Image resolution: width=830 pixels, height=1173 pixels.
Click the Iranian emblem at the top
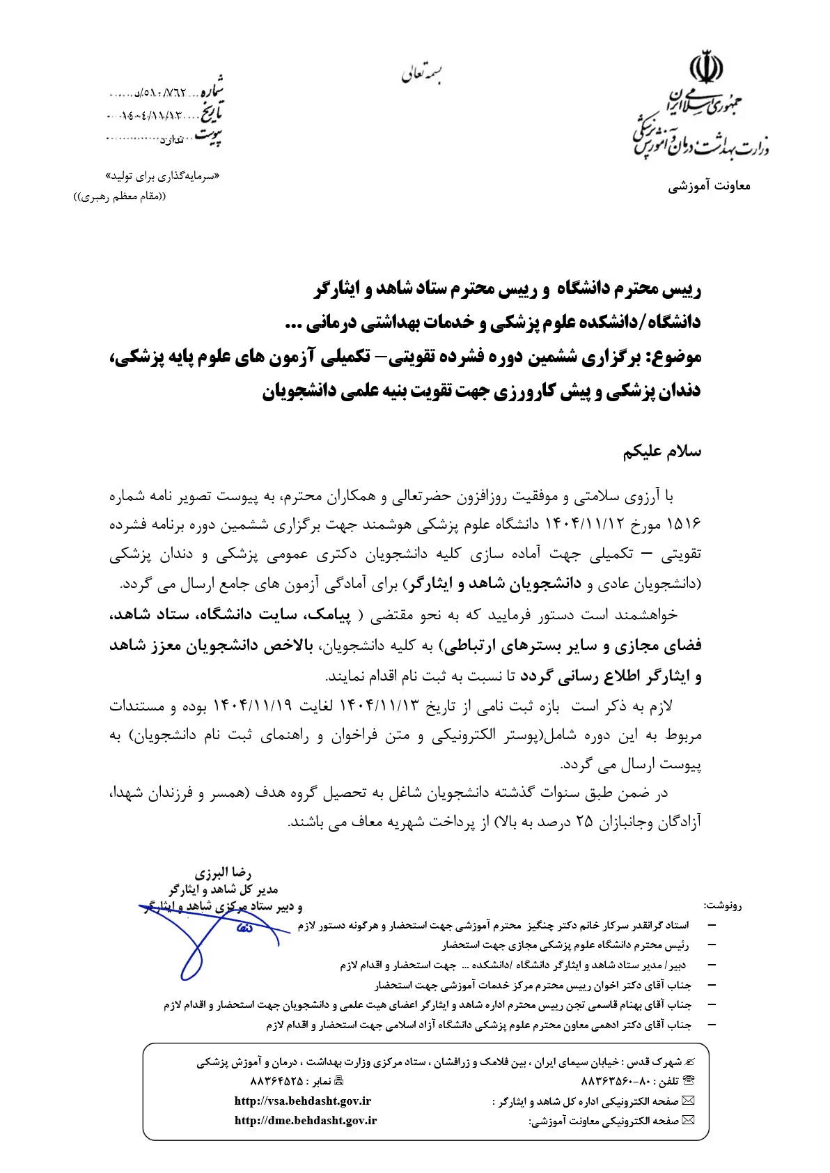tap(705, 68)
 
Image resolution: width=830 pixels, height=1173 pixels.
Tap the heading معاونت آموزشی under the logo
tap(710, 187)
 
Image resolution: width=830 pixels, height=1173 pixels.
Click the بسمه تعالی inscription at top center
tap(422, 72)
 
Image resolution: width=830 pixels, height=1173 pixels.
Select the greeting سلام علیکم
tap(661, 452)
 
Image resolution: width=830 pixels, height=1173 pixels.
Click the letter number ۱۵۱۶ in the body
tap(684, 525)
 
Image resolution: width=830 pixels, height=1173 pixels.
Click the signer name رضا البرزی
tap(223, 873)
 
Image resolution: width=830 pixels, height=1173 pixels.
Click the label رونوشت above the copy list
tap(723, 906)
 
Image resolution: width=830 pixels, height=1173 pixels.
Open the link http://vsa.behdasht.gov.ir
tap(303, 1101)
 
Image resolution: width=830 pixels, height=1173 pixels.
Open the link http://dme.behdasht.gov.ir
tap(306, 1121)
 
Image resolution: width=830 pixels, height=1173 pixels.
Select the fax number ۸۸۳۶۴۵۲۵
tap(276, 1082)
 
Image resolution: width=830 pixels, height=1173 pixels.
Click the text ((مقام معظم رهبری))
tap(120, 196)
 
